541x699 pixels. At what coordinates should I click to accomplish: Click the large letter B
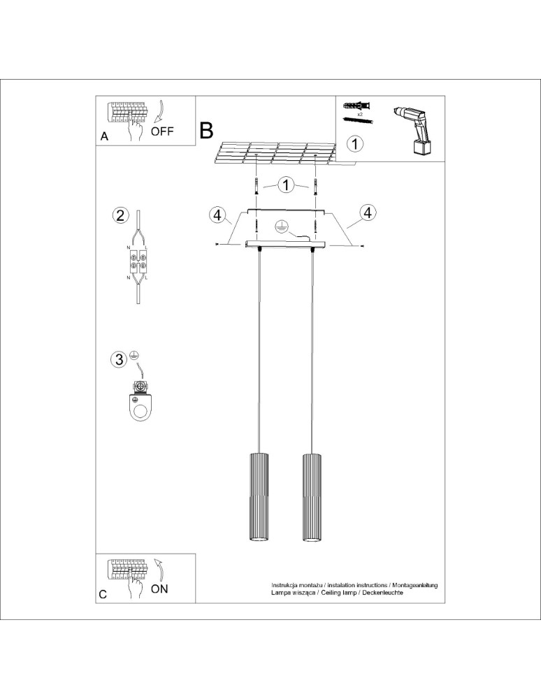pyautogui.click(x=206, y=130)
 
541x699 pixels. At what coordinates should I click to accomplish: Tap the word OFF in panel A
pyautogui.click(x=162, y=131)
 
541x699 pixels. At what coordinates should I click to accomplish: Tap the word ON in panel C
pyautogui.click(x=159, y=589)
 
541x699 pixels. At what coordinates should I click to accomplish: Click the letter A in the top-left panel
pyautogui.click(x=104, y=137)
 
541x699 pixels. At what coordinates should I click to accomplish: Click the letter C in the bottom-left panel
pyautogui.click(x=103, y=594)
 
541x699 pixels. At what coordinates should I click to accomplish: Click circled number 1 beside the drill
pyautogui.click(x=355, y=145)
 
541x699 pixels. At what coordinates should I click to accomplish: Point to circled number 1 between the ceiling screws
pyautogui.click(x=286, y=185)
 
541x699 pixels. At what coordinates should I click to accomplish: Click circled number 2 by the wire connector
pyautogui.click(x=120, y=215)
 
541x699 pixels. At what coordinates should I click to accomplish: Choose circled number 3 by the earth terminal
pyautogui.click(x=120, y=359)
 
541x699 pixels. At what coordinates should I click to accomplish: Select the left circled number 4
pyautogui.click(x=217, y=215)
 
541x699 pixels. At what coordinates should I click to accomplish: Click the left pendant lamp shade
pyautogui.click(x=259, y=497)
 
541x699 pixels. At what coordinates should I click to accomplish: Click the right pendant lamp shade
pyautogui.click(x=312, y=497)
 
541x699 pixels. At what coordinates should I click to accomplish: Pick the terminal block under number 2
pyautogui.click(x=138, y=262)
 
